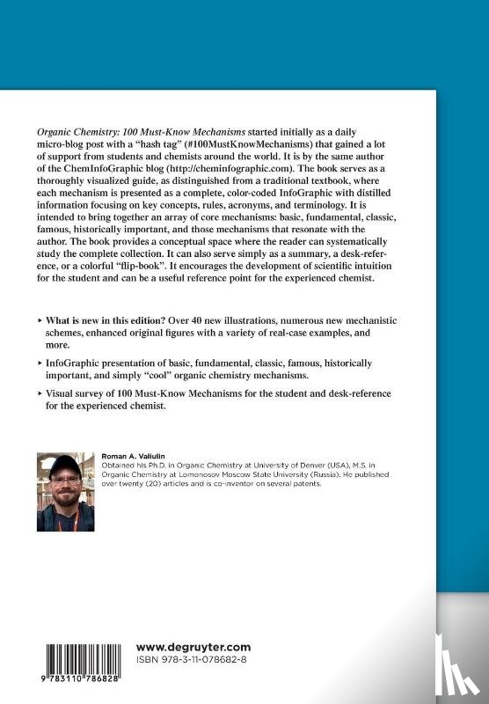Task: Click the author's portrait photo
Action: coord(65,491)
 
